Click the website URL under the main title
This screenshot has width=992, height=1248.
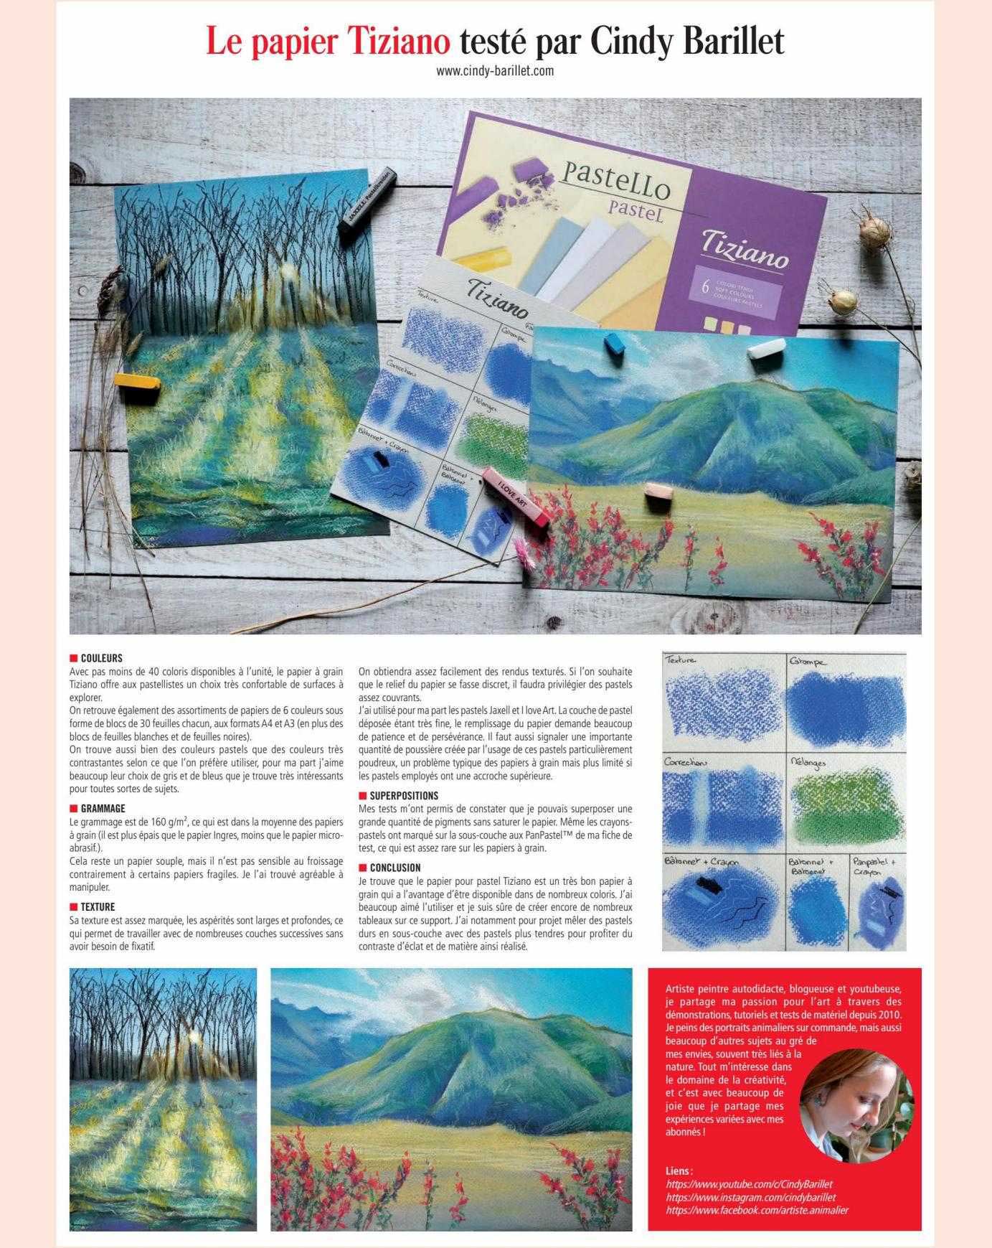(x=495, y=71)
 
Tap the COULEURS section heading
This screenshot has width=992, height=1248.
(x=101, y=658)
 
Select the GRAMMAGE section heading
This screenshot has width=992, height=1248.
(x=103, y=808)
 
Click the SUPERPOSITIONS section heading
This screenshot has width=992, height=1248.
(x=403, y=795)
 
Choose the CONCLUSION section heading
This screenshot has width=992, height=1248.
(x=395, y=867)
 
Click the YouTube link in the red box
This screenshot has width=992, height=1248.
(x=749, y=1184)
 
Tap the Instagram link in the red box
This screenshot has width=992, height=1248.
(x=750, y=1197)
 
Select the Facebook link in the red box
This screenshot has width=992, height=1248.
(x=757, y=1210)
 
